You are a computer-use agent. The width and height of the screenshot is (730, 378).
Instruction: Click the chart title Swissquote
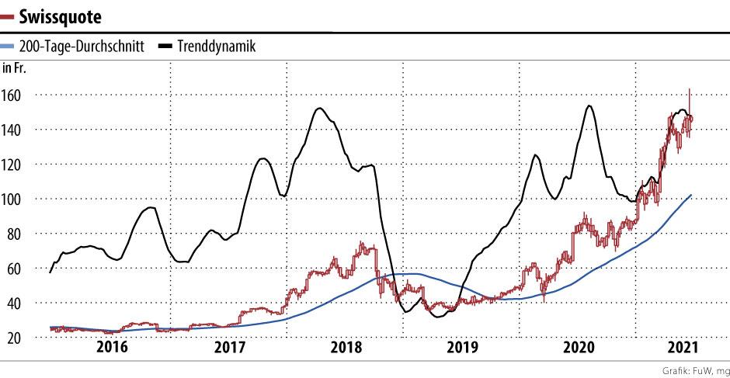[62, 16]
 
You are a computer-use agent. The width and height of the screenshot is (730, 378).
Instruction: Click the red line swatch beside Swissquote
[9, 16]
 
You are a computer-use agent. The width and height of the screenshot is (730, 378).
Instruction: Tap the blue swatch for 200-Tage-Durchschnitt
[9, 47]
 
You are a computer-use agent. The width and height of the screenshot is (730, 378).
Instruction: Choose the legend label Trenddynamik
[217, 47]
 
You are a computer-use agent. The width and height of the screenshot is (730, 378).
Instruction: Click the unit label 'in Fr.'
[15, 68]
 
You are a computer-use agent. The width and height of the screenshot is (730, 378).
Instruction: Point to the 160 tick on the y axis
[13, 95]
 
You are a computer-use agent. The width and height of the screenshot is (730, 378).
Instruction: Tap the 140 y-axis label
[13, 130]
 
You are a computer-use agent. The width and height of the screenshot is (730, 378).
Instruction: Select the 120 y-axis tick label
[13, 165]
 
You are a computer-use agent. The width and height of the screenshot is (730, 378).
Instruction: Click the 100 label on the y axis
[13, 199]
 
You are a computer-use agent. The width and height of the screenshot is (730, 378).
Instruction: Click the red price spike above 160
[690, 92]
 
